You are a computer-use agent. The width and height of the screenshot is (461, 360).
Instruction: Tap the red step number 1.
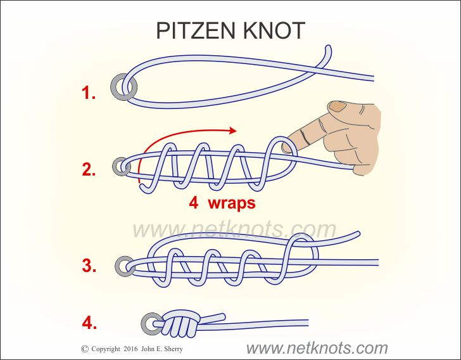[x=89, y=94]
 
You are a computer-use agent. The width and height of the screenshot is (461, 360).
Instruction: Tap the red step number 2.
[x=89, y=170]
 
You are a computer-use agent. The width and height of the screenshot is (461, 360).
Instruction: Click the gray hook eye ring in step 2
[x=121, y=167]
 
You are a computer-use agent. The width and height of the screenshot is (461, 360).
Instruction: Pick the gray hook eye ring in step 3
[x=124, y=265]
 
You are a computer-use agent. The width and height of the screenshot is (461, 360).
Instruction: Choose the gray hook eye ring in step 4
[x=151, y=323]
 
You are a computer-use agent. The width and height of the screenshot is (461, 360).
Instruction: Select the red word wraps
[x=232, y=204]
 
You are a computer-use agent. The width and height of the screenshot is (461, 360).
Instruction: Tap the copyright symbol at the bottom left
[x=85, y=349]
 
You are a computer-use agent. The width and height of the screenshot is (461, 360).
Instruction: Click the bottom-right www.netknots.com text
[x=317, y=347]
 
